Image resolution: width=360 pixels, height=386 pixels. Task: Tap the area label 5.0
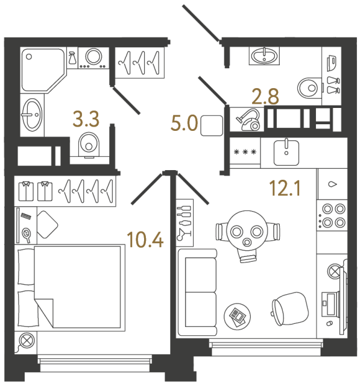coord(184,125)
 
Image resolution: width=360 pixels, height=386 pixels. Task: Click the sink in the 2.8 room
coord(264,57)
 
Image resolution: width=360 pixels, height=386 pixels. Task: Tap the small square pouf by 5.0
coord(211,125)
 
